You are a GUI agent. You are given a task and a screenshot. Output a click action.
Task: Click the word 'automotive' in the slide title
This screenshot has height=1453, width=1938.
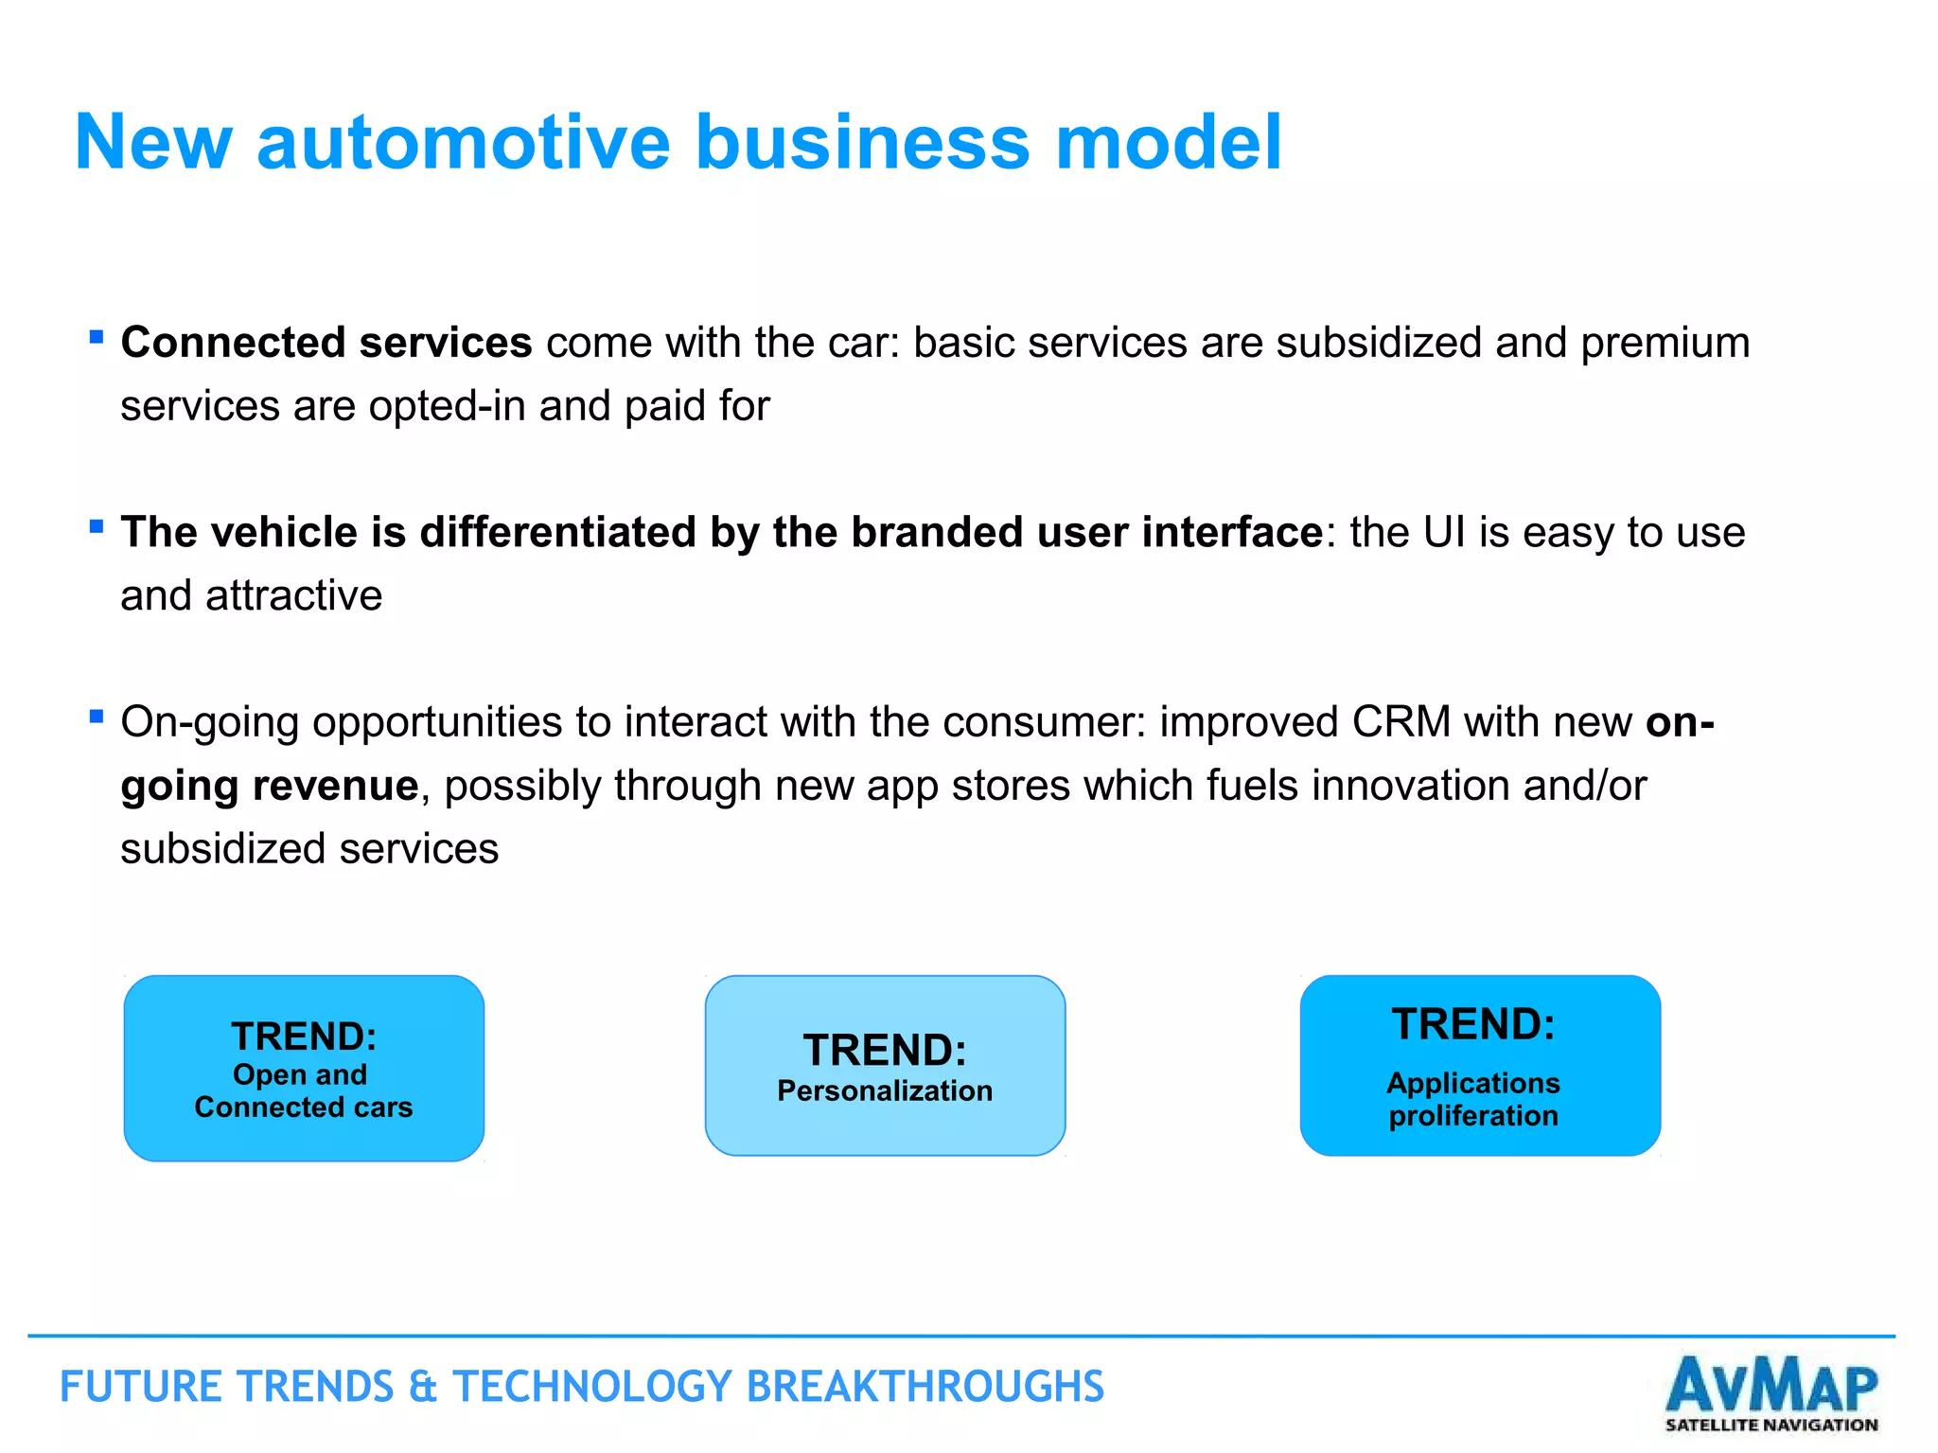click(464, 142)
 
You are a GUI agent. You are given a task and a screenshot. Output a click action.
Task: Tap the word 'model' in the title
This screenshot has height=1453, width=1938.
click(1168, 142)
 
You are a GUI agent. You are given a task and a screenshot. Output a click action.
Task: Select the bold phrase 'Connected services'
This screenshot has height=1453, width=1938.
click(326, 343)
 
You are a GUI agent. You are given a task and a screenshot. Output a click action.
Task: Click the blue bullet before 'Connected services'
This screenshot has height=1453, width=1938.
click(96, 336)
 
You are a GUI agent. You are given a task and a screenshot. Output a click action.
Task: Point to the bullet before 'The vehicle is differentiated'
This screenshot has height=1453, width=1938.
click(96, 526)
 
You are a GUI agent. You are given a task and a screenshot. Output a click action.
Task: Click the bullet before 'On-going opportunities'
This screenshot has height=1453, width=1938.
click(96, 717)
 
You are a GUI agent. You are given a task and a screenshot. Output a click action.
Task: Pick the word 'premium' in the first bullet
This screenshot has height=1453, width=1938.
click(1665, 343)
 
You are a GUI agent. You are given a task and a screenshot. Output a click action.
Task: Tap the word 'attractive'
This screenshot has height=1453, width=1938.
click(293, 595)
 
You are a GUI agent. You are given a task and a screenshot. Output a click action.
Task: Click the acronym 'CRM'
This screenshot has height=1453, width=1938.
click(1401, 722)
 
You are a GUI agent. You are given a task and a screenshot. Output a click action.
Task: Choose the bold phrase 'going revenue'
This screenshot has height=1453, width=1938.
click(270, 786)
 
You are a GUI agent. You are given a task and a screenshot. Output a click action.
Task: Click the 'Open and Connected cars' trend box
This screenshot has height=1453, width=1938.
click(304, 1068)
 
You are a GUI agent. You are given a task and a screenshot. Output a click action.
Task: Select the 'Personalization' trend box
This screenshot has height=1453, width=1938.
click(885, 1065)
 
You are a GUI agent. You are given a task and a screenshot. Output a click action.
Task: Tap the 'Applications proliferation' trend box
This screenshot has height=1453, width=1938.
click(1480, 1065)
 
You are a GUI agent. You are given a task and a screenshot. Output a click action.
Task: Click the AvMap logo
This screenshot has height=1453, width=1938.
click(1771, 1384)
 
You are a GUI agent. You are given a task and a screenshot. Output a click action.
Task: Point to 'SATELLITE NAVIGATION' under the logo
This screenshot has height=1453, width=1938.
click(1771, 1425)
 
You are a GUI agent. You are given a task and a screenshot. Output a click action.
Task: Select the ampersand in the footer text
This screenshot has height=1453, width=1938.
click(423, 1387)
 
